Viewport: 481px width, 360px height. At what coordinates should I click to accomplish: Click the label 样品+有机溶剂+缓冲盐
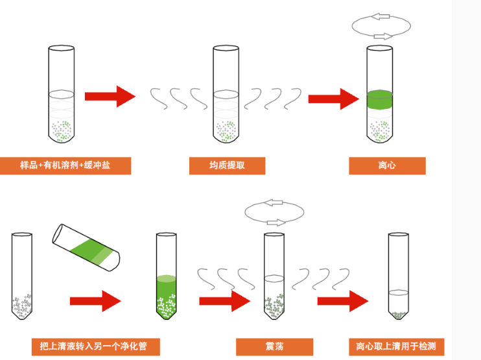65,166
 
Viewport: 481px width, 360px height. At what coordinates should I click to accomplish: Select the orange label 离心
387,166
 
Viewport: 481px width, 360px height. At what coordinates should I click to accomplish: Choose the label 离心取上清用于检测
396,346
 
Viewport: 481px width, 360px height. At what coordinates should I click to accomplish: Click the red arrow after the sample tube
110,96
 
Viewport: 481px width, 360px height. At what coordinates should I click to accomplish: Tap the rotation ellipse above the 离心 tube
382,26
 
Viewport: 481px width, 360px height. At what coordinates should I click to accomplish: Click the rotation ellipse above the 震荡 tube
274,211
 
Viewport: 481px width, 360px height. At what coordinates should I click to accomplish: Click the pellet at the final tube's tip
398,316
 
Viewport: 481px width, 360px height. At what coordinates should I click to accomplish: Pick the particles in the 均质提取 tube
226,130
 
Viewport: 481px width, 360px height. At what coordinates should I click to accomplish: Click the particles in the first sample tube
64,130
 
